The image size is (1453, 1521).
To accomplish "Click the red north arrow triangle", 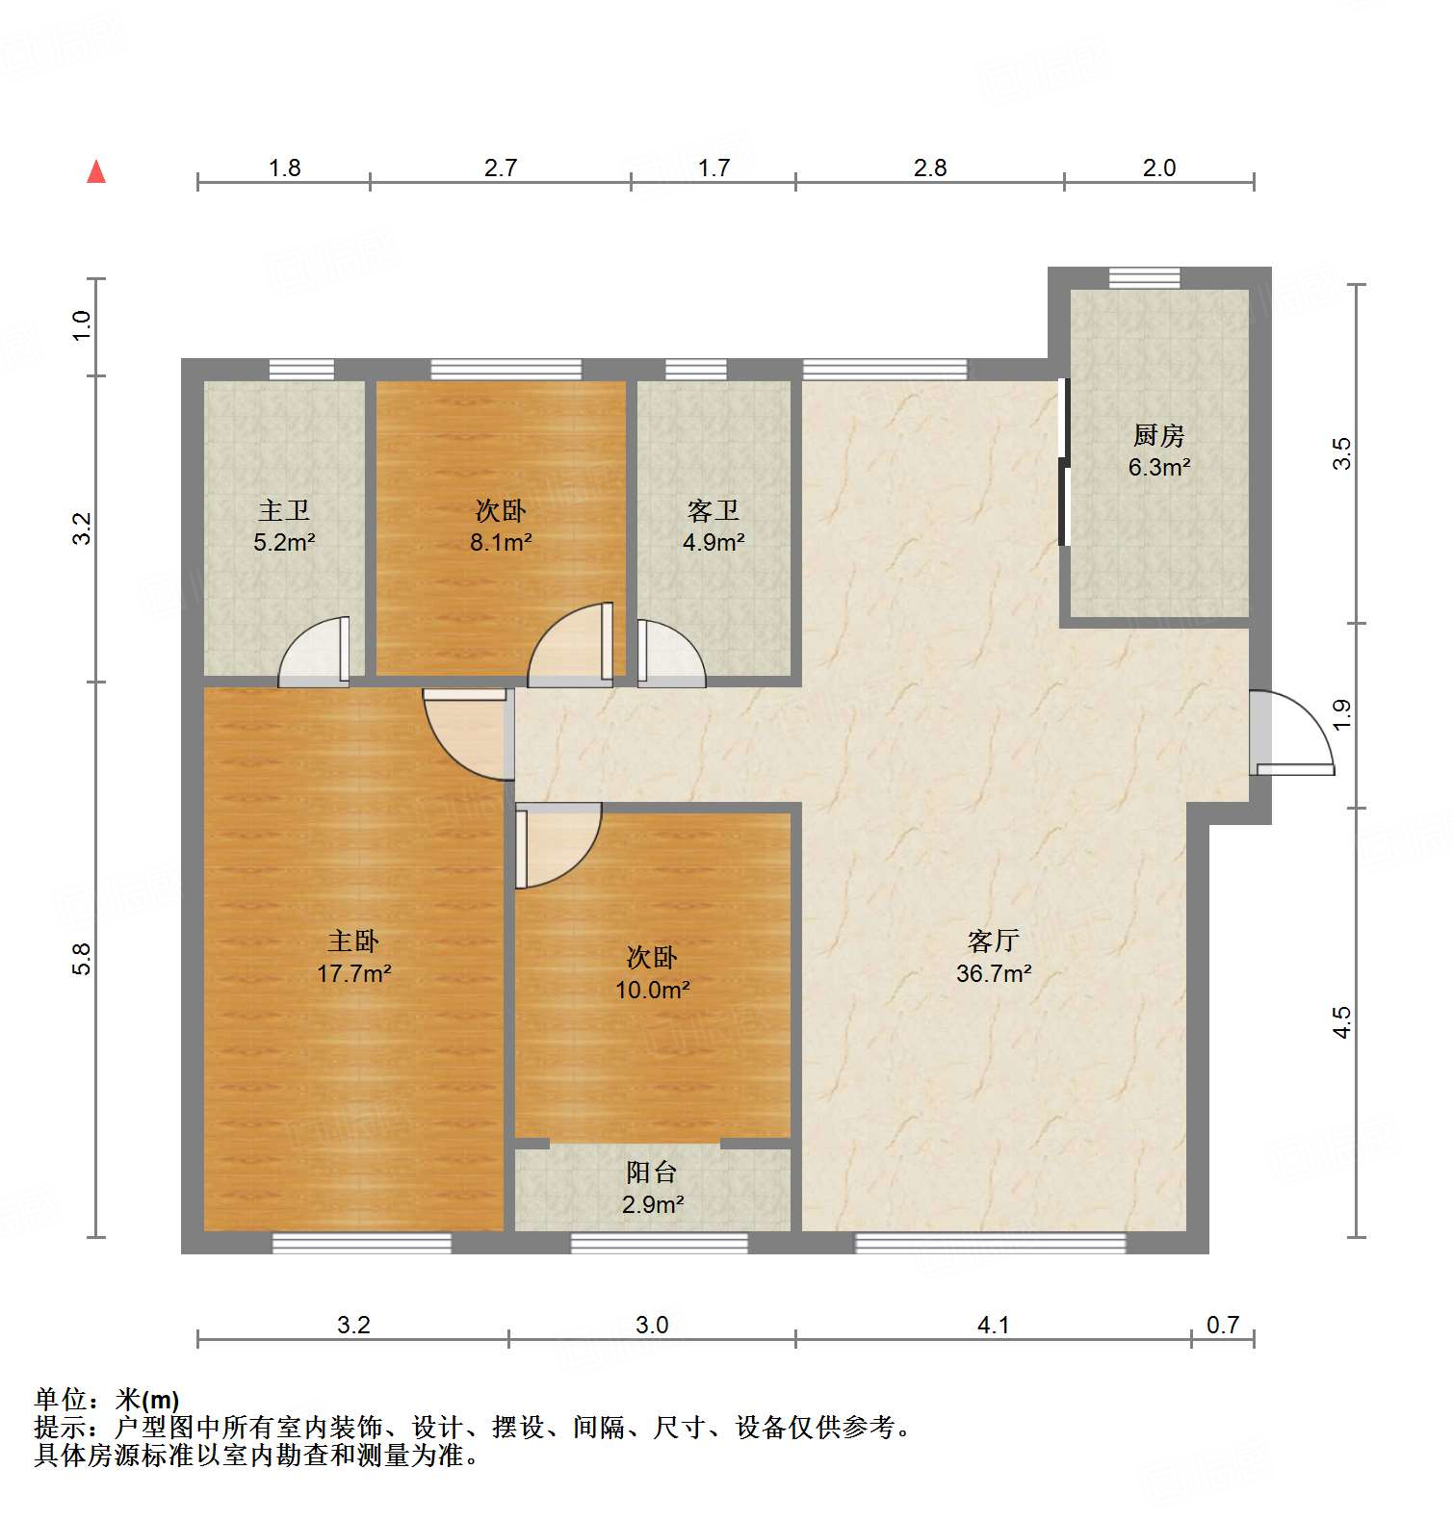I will [x=96, y=172].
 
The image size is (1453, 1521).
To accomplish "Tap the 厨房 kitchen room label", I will [x=1158, y=436].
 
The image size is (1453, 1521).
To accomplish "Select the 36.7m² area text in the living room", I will [x=994, y=973].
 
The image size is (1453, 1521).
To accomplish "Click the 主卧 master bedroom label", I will [x=353, y=941].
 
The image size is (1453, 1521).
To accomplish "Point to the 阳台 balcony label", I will [x=652, y=1172].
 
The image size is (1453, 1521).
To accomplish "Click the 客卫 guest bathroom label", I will [x=714, y=510].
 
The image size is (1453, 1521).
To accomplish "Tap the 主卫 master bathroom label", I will [x=284, y=510].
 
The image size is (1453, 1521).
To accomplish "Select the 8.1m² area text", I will [x=501, y=542].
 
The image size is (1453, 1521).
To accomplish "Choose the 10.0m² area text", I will [x=652, y=990].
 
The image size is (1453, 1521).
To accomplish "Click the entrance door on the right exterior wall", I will [x=1293, y=734].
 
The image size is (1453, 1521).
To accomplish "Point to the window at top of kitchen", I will [x=1144, y=277].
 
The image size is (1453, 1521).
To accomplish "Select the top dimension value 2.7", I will [x=501, y=168].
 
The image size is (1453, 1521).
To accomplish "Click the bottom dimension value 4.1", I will [x=993, y=1326].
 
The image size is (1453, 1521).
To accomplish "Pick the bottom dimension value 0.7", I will [x=1223, y=1326].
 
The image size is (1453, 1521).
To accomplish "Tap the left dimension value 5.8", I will [x=83, y=959].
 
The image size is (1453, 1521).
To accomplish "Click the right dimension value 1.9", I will [x=1342, y=713].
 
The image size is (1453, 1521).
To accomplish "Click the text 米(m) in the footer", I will [x=146, y=1400].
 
